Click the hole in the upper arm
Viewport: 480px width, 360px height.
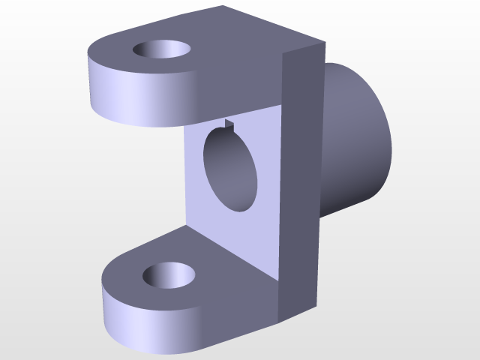coord(161,50)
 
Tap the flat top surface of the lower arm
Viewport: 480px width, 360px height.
coord(217,262)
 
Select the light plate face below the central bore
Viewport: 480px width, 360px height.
coord(240,232)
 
